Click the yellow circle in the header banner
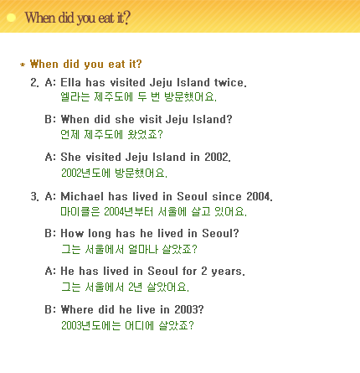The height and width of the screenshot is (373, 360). (11, 18)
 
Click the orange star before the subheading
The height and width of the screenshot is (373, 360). (23, 65)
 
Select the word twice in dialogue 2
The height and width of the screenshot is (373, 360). (230, 82)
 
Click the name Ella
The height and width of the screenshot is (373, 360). (70, 82)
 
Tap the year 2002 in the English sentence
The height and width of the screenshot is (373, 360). (218, 157)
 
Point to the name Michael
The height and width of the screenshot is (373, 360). (82, 196)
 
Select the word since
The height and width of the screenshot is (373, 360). (227, 196)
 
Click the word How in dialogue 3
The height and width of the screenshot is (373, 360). (72, 233)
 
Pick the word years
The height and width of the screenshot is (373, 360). (228, 272)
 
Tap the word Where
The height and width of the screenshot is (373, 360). (77, 309)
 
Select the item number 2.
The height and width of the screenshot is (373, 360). (34, 82)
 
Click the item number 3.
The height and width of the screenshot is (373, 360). (34, 196)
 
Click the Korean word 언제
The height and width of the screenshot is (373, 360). (70, 134)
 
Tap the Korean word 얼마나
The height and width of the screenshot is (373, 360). (143, 249)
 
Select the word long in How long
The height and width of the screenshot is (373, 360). (100, 234)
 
